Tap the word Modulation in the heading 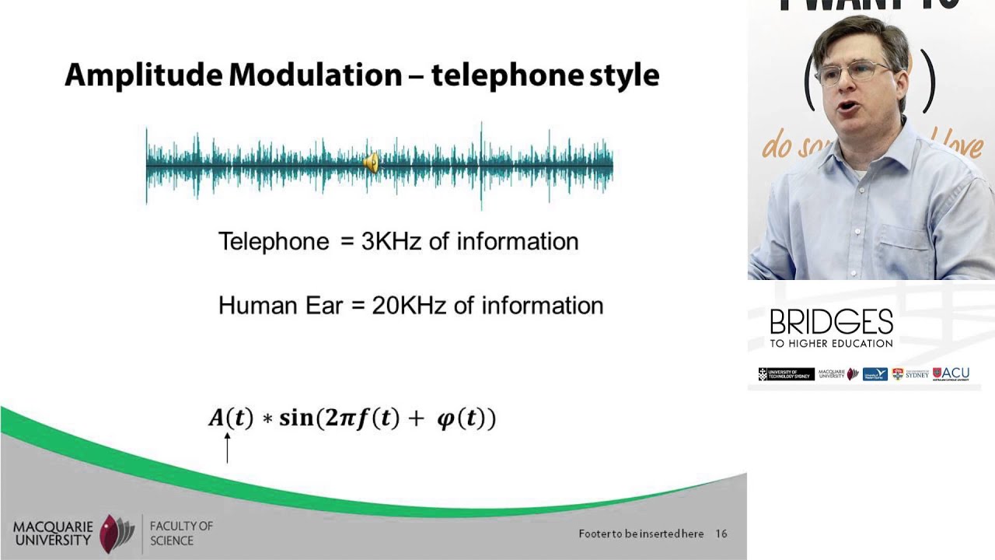pos(316,75)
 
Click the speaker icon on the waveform pos(372,163)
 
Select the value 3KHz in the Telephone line pos(391,241)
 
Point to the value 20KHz pos(409,305)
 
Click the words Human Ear pos(280,305)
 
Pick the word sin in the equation pos(295,418)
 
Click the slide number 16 pos(721,534)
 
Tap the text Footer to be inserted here pos(641,534)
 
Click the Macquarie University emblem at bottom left pos(117,533)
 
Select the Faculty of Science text pos(180,533)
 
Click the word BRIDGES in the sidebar pos(831,322)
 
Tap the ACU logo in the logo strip pos(951,374)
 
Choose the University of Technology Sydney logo pos(786,374)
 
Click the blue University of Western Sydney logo pos(875,374)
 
